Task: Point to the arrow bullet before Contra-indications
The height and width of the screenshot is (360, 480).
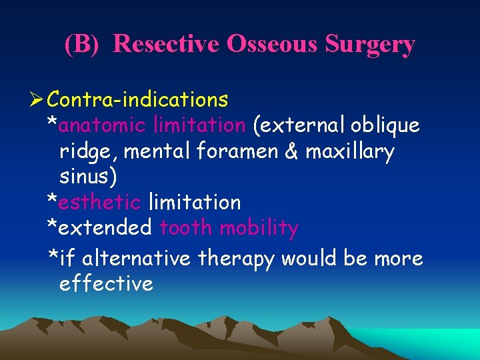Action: tap(37, 100)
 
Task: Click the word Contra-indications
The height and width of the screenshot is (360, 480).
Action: tap(138, 100)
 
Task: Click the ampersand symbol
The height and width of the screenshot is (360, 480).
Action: tap(291, 152)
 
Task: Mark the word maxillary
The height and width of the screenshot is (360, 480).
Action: tap(351, 152)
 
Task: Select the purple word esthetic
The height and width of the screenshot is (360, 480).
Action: tap(99, 202)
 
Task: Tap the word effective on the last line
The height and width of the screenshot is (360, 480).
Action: tap(106, 283)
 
